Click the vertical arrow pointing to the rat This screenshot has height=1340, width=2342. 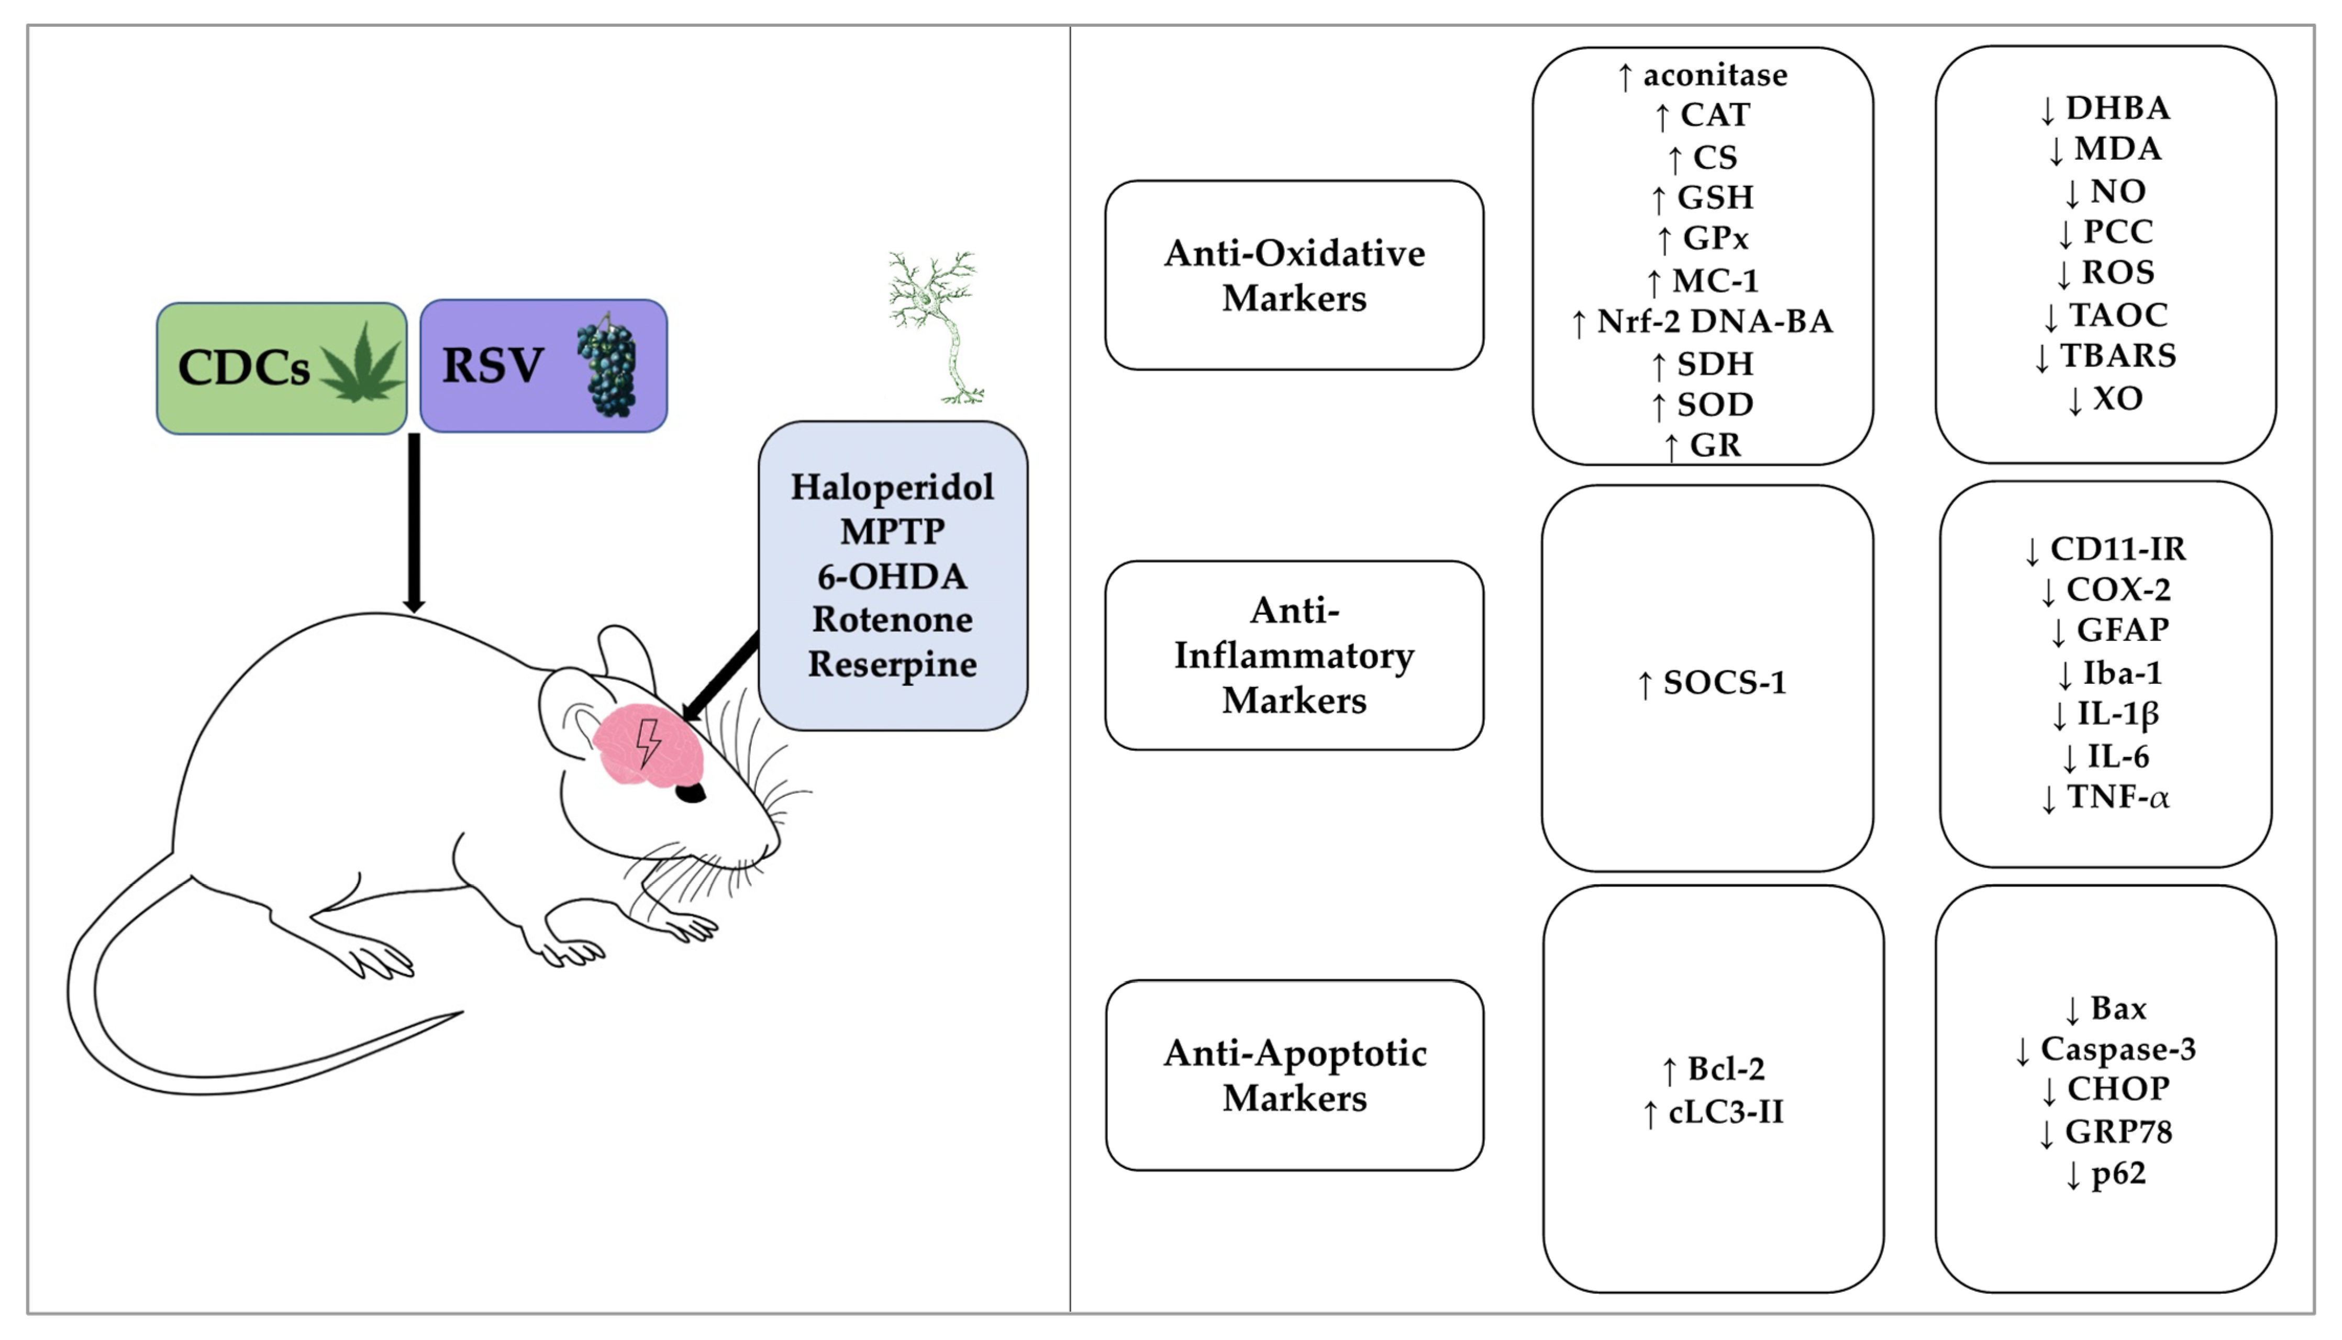tap(414, 522)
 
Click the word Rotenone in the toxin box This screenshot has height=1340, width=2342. tap(892, 619)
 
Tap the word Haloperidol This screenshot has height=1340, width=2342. tap(892, 487)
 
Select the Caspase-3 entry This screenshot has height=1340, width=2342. tap(2105, 1049)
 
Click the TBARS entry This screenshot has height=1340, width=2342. tap(2105, 356)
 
